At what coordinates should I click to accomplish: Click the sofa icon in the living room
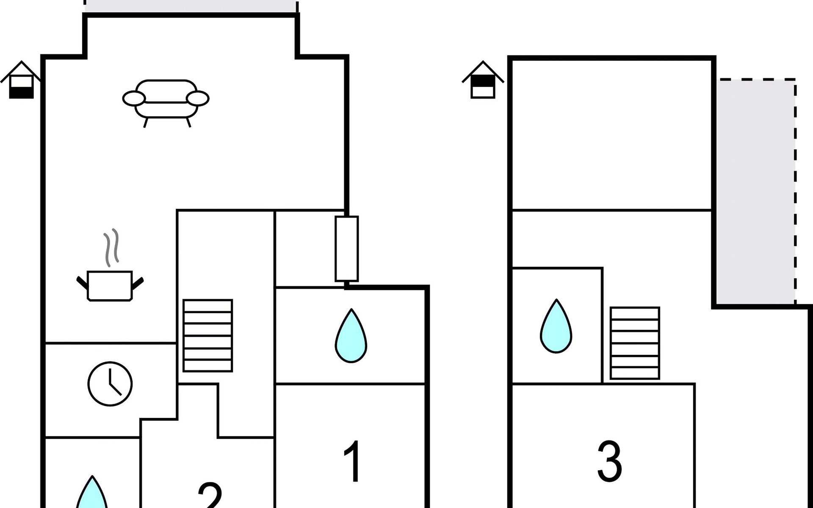click(166, 102)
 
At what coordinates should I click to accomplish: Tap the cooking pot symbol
click(110, 286)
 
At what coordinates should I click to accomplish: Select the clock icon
click(110, 384)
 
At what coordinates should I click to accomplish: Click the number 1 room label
click(352, 461)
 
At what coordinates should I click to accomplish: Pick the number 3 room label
click(609, 461)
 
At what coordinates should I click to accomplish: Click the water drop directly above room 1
click(351, 337)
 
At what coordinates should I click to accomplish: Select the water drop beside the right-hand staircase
click(556, 327)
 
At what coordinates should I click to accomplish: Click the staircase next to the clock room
click(208, 336)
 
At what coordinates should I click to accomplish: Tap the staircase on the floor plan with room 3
click(635, 343)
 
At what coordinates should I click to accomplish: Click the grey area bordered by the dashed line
click(756, 190)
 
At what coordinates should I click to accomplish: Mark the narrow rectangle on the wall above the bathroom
click(347, 249)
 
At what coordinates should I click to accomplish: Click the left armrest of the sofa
click(134, 99)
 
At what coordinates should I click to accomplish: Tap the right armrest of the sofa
click(198, 99)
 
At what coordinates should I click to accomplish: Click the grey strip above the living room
click(191, 6)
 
